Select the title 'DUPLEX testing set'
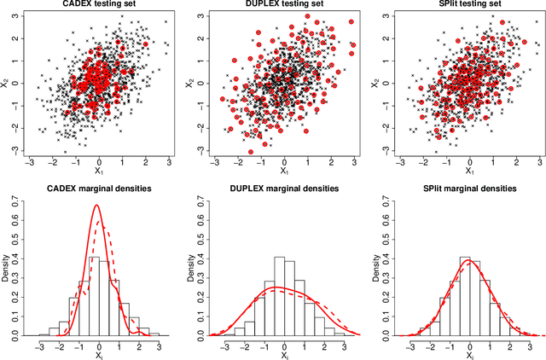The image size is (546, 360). pyautogui.click(x=280, y=5)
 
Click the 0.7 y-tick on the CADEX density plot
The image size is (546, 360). pyautogui.click(x=17, y=201)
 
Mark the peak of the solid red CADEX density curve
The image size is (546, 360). pyautogui.click(x=96, y=206)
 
